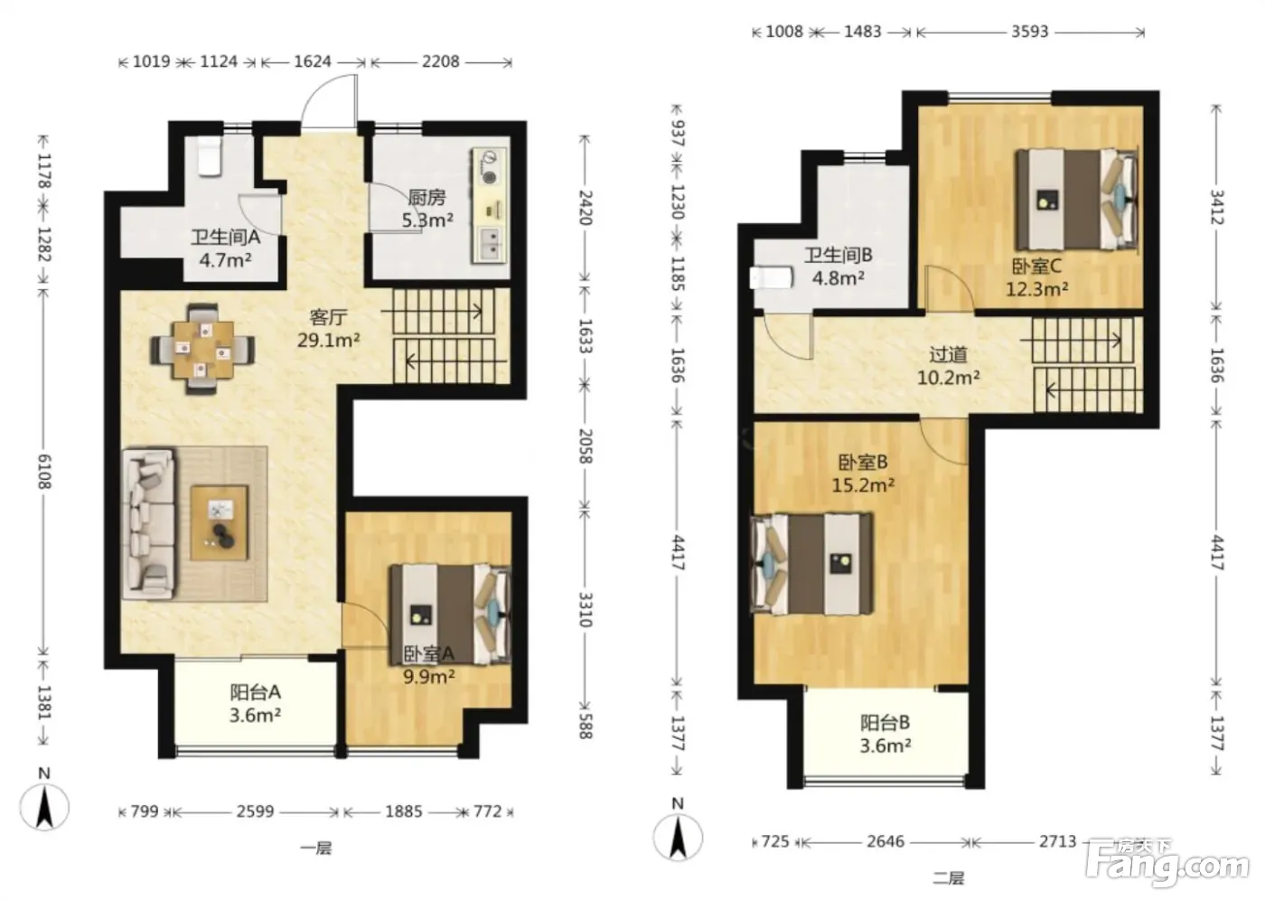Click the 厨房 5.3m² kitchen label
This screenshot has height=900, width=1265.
tap(427, 209)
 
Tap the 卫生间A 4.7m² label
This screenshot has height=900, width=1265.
tap(225, 248)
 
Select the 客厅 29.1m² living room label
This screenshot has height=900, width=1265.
tap(328, 329)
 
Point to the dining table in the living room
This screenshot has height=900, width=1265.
tap(202, 349)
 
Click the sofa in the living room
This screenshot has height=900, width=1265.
tap(149, 523)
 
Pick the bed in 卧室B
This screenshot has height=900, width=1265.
tap(812, 564)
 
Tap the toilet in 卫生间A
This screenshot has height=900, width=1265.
tap(208, 156)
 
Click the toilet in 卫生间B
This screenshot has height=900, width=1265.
tap(772, 277)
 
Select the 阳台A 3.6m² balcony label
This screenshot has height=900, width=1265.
tap(255, 704)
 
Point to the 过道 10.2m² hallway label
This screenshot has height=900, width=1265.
tap(948, 366)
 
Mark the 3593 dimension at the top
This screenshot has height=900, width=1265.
tap(1030, 32)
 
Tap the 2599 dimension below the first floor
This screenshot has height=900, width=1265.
tap(255, 811)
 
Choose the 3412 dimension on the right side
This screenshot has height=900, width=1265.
tap(1217, 207)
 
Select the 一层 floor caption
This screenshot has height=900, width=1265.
tap(315, 848)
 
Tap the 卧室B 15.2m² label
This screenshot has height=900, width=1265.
tap(863, 473)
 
